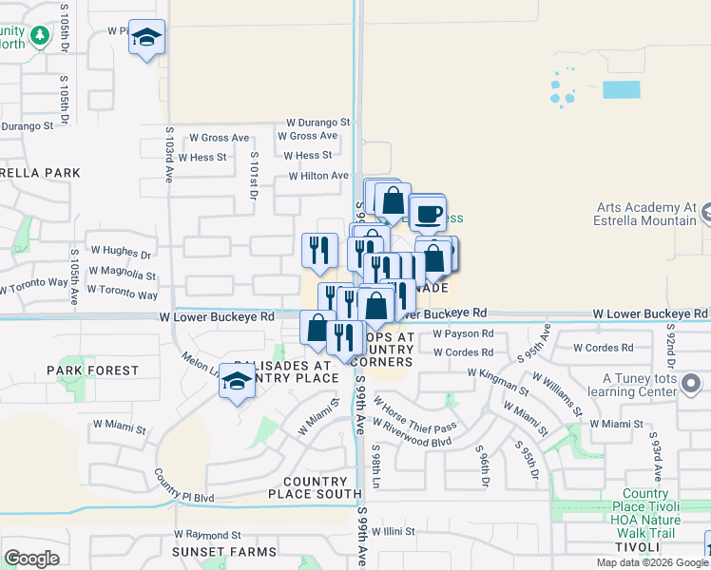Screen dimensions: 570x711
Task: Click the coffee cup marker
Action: coord(428,212)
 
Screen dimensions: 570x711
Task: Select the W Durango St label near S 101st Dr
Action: coord(319,123)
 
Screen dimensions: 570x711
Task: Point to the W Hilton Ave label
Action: coord(318,176)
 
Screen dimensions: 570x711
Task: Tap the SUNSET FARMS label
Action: coord(211,551)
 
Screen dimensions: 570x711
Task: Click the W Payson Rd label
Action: coord(463,333)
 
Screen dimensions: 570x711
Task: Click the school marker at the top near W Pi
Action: coord(146,37)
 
